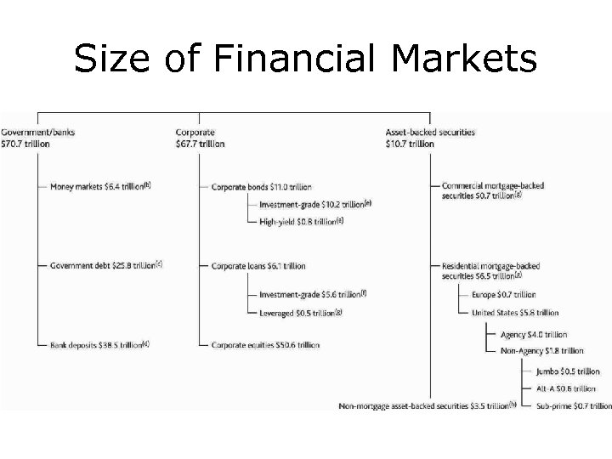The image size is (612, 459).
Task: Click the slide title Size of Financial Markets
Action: click(x=305, y=59)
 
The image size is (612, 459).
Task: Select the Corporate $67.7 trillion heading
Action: click(x=200, y=139)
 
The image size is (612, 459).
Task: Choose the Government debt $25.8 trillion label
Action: click(x=105, y=266)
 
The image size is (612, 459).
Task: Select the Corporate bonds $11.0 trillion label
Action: click(x=261, y=187)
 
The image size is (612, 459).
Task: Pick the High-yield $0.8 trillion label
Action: click(x=301, y=221)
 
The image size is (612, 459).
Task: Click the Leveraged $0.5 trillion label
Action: click(x=301, y=313)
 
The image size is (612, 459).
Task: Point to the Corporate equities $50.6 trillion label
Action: click(x=265, y=345)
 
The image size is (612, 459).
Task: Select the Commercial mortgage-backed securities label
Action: click(x=493, y=190)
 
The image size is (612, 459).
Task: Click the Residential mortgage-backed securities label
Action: click(x=491, y=270)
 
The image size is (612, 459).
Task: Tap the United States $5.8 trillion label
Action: click(x=515, y=313)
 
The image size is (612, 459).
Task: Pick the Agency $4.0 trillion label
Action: click(x=534, y=335)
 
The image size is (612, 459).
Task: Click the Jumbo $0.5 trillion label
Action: click(x=568, y=371)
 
